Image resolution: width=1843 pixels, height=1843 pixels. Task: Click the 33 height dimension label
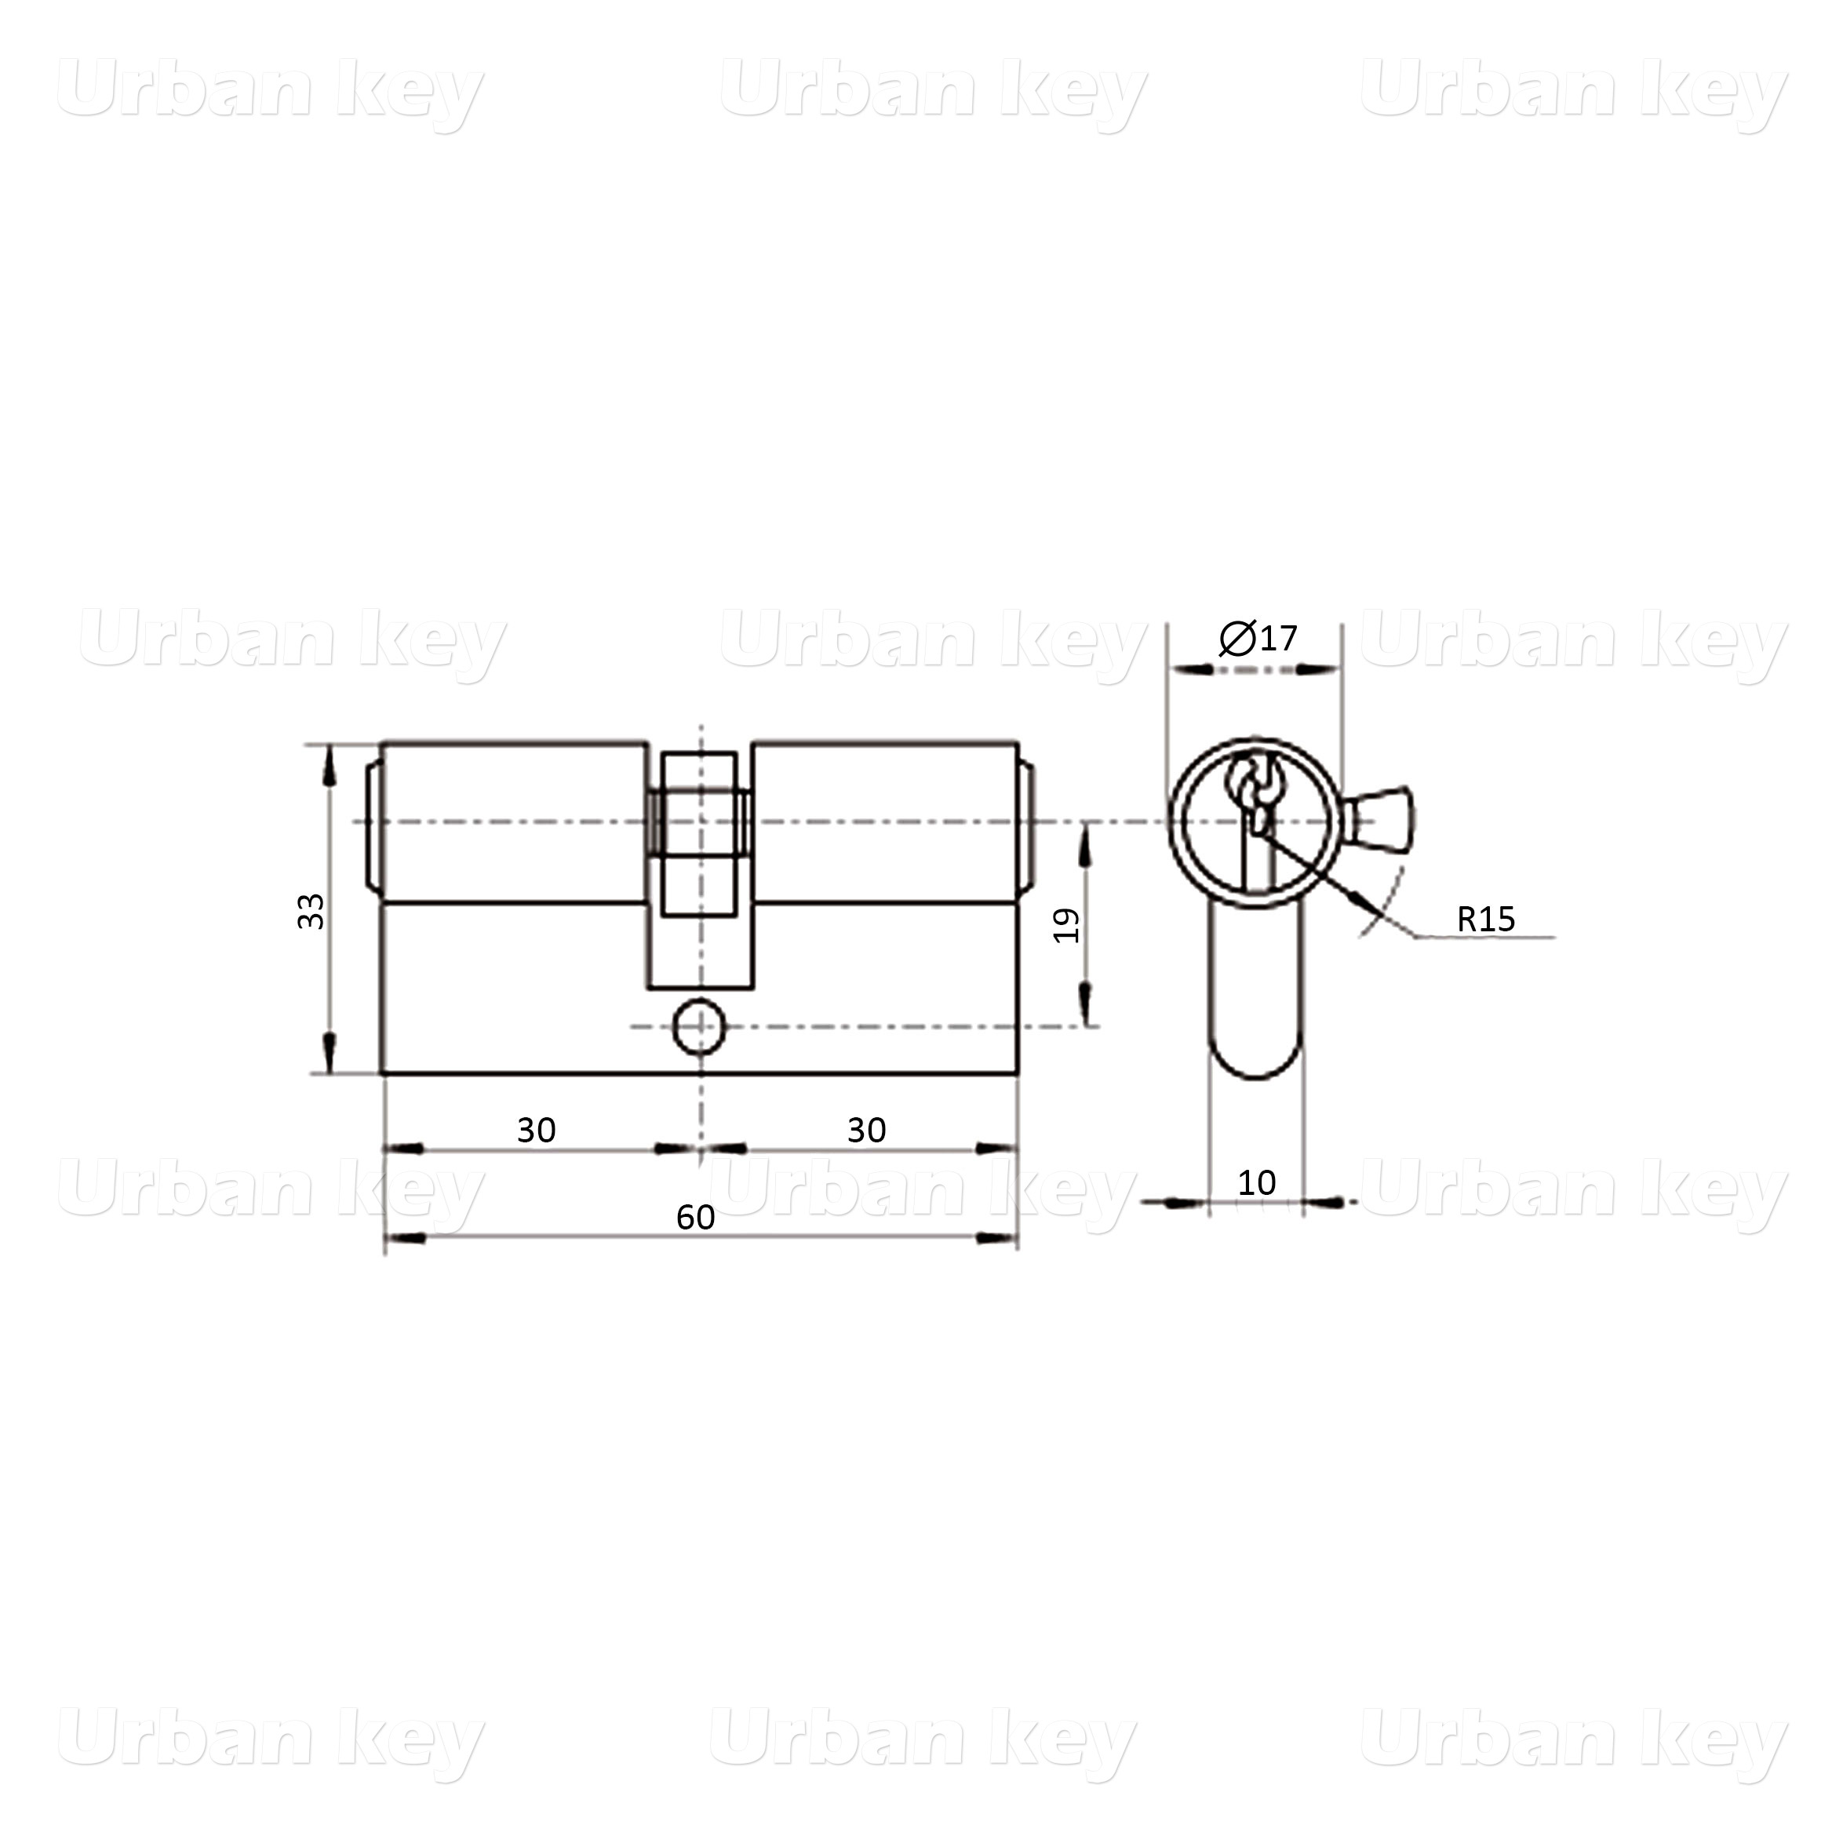point(311,911)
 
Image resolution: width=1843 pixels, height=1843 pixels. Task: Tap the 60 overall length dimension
point(695,1217)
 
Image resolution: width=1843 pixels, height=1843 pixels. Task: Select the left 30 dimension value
point(536,1130)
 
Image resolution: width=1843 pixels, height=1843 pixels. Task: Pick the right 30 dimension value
point(866,1130)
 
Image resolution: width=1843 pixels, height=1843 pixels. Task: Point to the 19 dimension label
point(1065,925)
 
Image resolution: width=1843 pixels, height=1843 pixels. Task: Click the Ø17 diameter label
point(1258,638)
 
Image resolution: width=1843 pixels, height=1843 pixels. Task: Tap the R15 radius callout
point(1485,919)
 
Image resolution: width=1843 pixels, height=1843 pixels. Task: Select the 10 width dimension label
point(1256,1183)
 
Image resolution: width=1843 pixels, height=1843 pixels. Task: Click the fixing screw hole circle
point(699,1026)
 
